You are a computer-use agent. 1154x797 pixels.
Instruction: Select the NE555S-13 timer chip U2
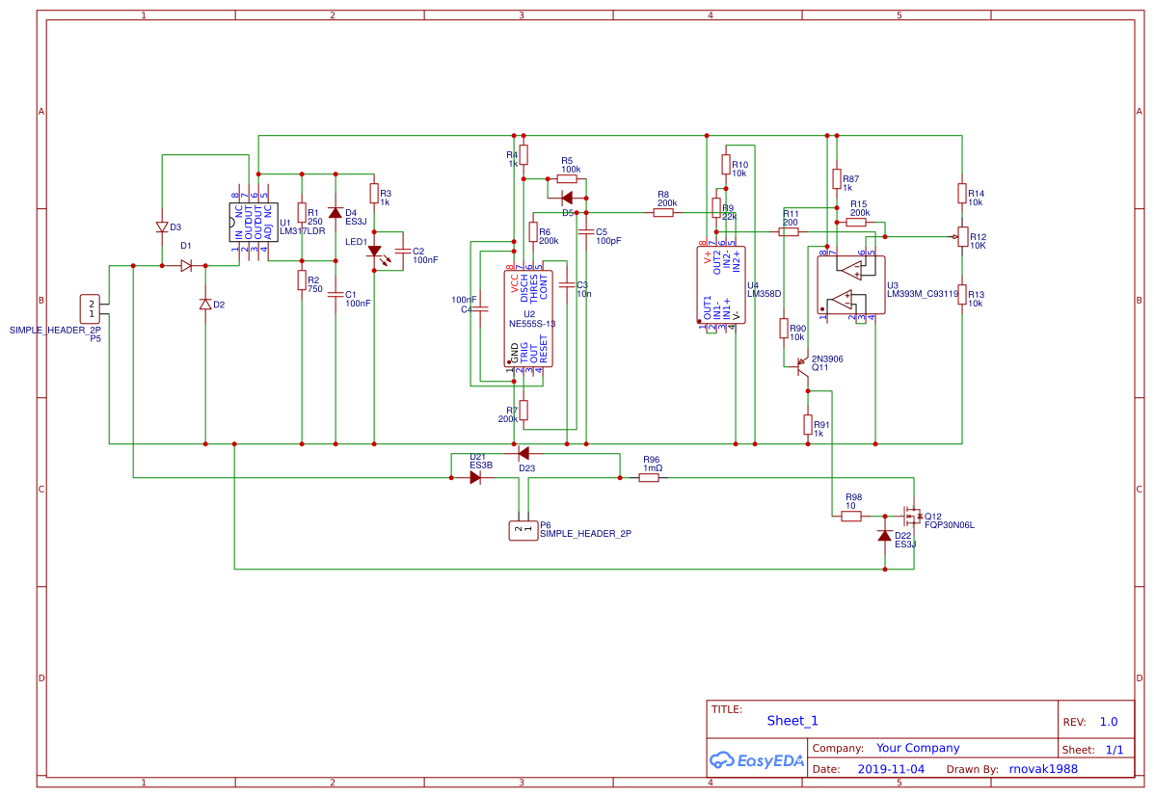529,318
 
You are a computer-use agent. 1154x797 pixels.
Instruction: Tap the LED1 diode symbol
375,252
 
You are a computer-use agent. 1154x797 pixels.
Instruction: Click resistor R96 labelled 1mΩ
649,477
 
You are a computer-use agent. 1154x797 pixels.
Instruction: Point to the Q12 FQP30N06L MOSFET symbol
908,516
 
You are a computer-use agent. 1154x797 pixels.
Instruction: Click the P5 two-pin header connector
92,307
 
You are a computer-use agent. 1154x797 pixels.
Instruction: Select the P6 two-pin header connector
523,529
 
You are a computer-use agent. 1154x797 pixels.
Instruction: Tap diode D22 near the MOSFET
884,536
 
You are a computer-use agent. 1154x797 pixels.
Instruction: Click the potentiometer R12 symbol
961,237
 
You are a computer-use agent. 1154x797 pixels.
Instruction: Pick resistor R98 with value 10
850,517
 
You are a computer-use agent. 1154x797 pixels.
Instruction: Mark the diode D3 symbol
162,227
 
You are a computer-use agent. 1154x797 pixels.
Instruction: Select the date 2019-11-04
890,769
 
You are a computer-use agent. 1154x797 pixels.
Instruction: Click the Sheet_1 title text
792,720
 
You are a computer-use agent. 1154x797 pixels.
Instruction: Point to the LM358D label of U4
764,293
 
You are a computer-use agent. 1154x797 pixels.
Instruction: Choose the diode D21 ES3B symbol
474,477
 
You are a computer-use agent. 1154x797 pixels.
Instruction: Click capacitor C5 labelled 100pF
586,231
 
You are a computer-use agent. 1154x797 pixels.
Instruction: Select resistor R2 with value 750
302,280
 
